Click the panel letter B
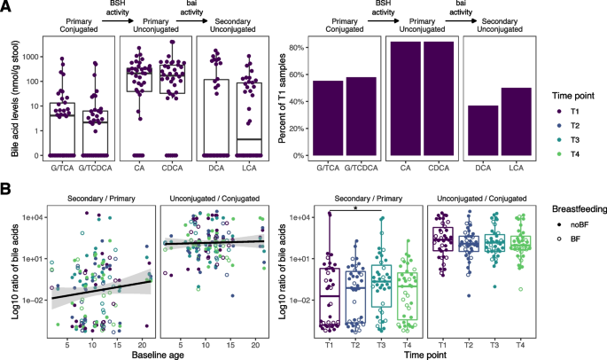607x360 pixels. (x=6, y=188)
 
